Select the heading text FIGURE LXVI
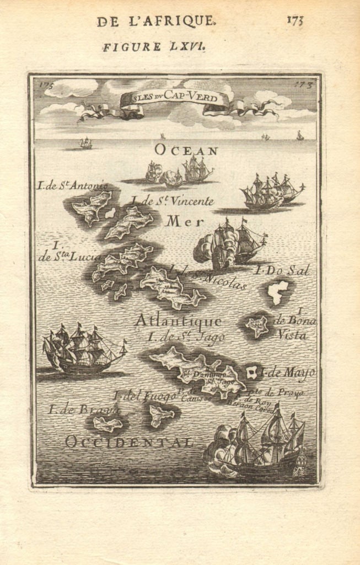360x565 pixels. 154,47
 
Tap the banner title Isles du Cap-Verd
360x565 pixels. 175,99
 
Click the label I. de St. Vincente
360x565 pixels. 172,201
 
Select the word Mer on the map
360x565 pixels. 180,221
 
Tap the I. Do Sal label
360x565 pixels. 282,270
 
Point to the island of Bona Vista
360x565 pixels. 257,326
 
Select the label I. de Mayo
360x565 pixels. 287,373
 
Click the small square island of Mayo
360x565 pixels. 252,373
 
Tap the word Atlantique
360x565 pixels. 178,321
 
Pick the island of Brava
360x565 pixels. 108,424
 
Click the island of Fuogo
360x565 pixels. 160,415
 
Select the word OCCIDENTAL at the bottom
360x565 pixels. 129,441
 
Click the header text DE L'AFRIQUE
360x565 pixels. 156,22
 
